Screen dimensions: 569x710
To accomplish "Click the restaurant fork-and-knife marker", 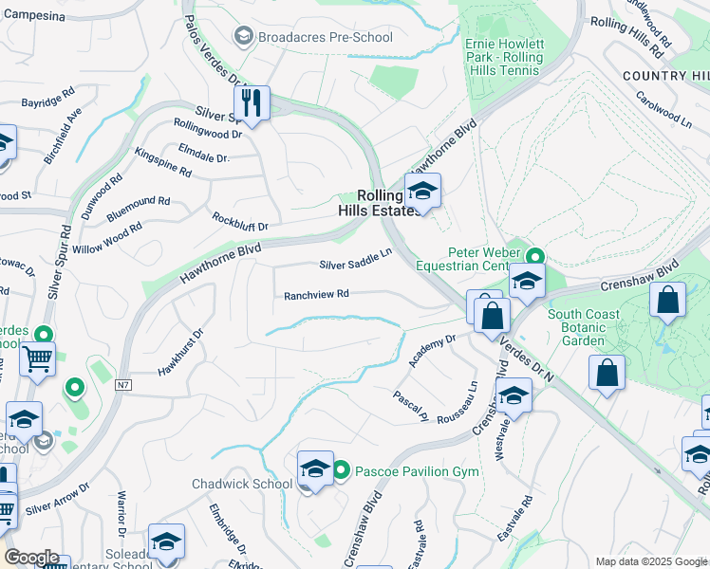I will [x=252, y=102].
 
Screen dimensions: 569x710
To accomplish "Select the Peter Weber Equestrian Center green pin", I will [x=535, y=257].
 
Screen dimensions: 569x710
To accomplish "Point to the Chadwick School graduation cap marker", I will [x=315, y=469].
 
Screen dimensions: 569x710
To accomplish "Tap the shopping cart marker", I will [x=37, y=360].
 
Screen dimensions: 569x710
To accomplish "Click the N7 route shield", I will [x=123, y=385].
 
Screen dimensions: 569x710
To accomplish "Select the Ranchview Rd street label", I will [x=317, y=295].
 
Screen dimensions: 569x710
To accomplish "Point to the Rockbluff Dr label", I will [x=240, y=221].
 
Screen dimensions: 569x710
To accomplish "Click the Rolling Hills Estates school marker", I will [x=422, y=192].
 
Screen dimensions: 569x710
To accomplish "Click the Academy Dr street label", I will [x=432, y=351].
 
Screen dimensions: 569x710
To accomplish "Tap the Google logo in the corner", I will [x=31, y=558].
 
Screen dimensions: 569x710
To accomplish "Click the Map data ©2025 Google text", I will [x=651, y=561].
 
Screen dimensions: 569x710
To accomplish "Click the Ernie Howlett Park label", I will [x=504, y=51].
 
